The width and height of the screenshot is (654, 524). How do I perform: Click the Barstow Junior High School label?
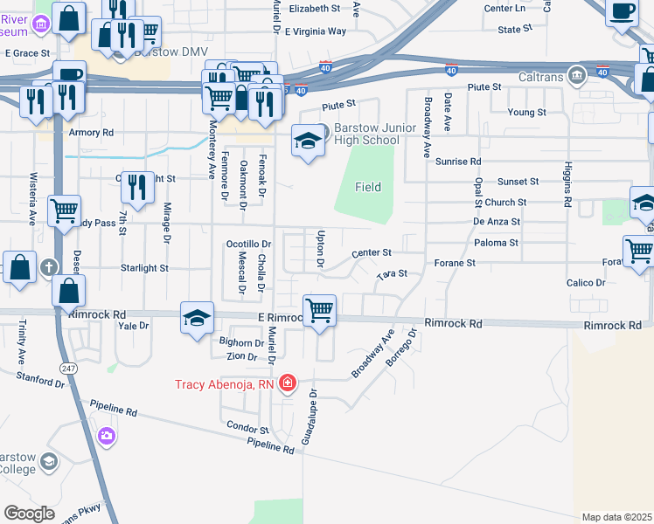tap(365, 134)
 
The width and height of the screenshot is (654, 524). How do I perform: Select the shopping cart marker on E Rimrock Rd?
tap(319, 310)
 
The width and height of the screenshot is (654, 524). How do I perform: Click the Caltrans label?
tap(537, 75)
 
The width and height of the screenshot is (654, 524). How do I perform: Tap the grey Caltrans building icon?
tap(576, 75)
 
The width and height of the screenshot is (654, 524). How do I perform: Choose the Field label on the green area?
tap(367, 187)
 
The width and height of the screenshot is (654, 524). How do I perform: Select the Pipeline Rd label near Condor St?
tap(269, 447)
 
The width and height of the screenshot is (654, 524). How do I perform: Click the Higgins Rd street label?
tap(567, 188)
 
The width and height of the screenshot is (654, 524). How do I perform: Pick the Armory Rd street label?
tap(92, 133)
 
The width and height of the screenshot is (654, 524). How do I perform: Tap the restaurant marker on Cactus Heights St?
tap(137, 186)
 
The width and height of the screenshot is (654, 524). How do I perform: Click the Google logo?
tap(29, 514)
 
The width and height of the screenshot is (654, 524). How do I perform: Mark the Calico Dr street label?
tap(586, 283)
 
